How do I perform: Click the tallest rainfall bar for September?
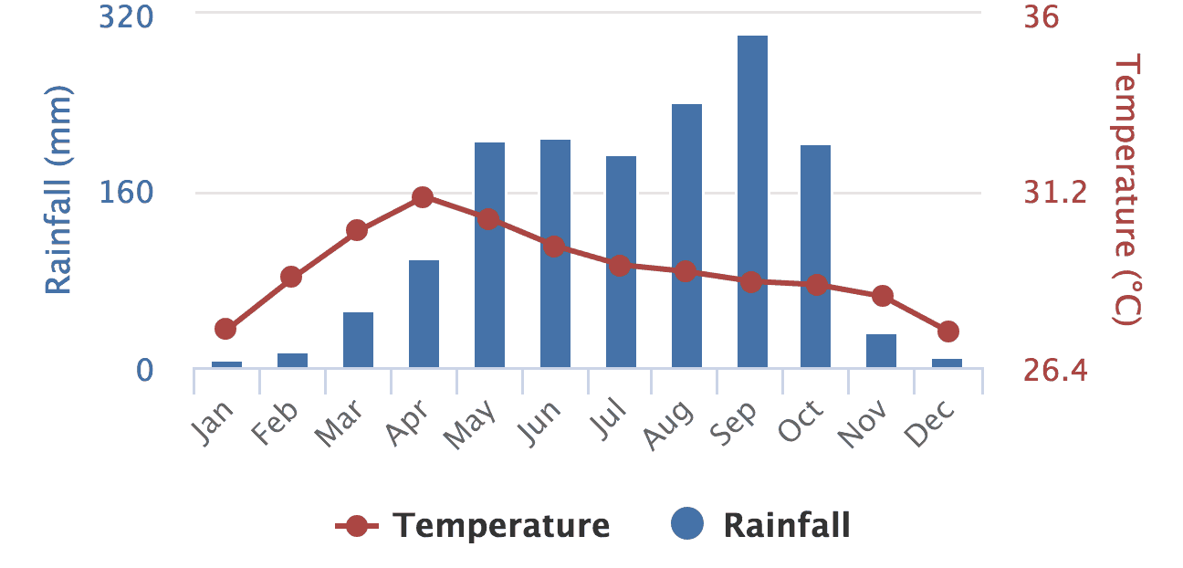pos(752,201)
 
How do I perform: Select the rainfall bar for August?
pos(686,236)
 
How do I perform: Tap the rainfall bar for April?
pos(424,314)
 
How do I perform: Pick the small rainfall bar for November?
pos(881,352)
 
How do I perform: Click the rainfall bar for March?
pos(358,340)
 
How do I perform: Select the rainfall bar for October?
pos(815,256)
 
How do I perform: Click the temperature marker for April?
pos(422,197)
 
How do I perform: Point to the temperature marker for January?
pos(225,329)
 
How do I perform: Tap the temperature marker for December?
pos(947,331)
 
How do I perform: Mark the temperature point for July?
pos(620,266)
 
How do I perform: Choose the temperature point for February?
pos(291,277)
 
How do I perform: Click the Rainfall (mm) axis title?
pos(58,190)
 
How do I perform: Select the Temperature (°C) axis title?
pos(1127,190)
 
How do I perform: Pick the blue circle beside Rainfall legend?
pos(687,525)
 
